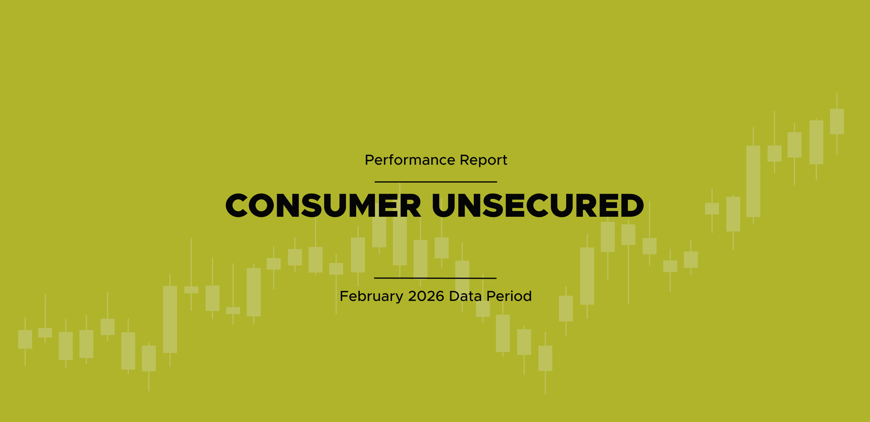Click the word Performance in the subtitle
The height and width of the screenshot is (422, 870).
pos(410,160)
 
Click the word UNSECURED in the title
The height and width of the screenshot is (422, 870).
pos(538,206)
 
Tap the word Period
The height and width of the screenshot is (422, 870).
pos(509,296)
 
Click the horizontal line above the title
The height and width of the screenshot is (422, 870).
pos(436,182)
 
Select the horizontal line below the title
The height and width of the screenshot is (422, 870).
pos(435,278)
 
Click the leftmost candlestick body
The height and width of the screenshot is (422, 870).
pos(25,339)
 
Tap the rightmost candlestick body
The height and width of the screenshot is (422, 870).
pos(837,121)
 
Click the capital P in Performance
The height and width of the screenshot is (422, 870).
pos(370,160)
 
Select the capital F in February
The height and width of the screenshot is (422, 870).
pos(344,296)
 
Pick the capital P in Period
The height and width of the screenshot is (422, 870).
pos(492,296)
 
